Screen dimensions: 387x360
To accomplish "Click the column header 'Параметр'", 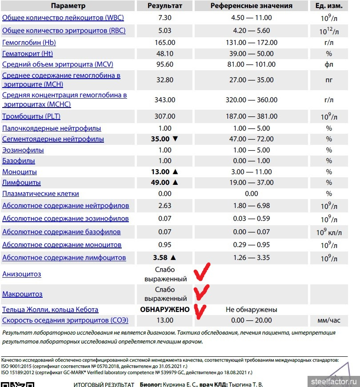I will (68, 6).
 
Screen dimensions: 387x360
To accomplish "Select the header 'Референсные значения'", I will (251, 6).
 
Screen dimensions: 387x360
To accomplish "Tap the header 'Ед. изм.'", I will (329, 6).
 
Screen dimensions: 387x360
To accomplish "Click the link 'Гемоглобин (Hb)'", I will (29, 43).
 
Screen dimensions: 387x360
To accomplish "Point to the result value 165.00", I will (164, 43).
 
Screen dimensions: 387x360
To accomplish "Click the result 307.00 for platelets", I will (164, 116).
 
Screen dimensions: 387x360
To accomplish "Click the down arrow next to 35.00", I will (175, 139).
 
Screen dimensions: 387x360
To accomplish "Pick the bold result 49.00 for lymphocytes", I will (160, 182).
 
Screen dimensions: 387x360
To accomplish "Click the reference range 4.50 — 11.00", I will (251, 18).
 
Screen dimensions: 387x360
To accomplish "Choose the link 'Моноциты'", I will (20, 172).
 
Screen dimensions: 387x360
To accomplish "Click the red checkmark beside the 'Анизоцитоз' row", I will (202, 272).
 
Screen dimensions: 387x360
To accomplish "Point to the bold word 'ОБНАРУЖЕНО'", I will (165, 309).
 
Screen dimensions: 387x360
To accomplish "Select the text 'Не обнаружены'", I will (251, 309).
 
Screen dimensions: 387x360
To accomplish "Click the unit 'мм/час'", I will (329, 320).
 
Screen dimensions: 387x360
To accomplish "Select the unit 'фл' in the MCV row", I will (329, 64).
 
